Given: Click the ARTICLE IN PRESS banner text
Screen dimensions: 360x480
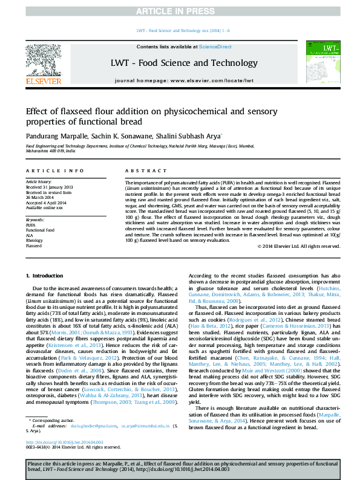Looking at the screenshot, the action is [x=180, y=11].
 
